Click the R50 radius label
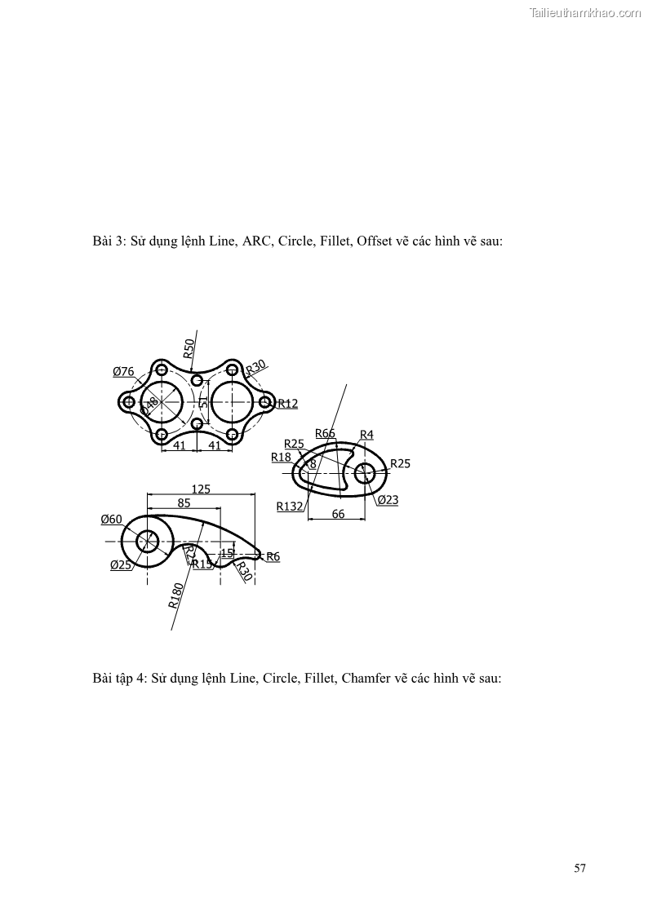[189, 348]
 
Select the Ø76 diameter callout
[123, 372]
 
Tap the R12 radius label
[288, 403]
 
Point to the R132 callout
[289, 507]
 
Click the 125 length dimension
[200, 489]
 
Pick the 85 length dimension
[184, 503]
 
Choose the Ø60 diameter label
[111, 520]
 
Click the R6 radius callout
[273, 556]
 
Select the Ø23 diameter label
[388, 500]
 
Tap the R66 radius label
[325, 433]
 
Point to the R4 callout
[366, 435]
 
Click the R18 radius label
[281, 458]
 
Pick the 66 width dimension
[338, 514]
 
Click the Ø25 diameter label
[121, 564]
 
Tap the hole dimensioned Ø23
[365, 472]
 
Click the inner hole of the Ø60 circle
[148, 541]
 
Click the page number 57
[579, 868]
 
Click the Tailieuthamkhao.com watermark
[585, 12]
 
